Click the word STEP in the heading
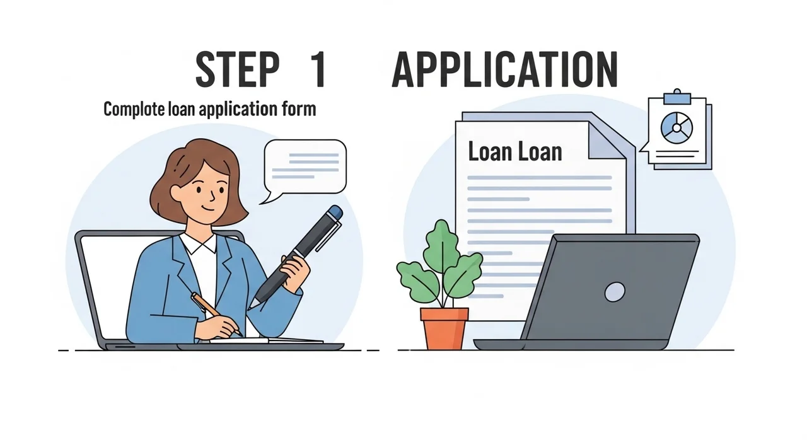tap(238, 69)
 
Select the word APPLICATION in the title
tap(505, 69)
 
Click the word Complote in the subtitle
tap(134, 109)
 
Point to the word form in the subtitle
tap(299, 108)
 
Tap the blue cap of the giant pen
tap(335, 212)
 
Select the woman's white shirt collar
tap(198, 244)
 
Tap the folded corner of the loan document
tap(606, 141)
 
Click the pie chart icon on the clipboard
tap(676, 128)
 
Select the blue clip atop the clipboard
tap(677, 97)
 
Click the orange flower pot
tap(444, 328)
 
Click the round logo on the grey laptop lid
tap(615, 292)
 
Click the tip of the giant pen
tap(249, 309)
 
